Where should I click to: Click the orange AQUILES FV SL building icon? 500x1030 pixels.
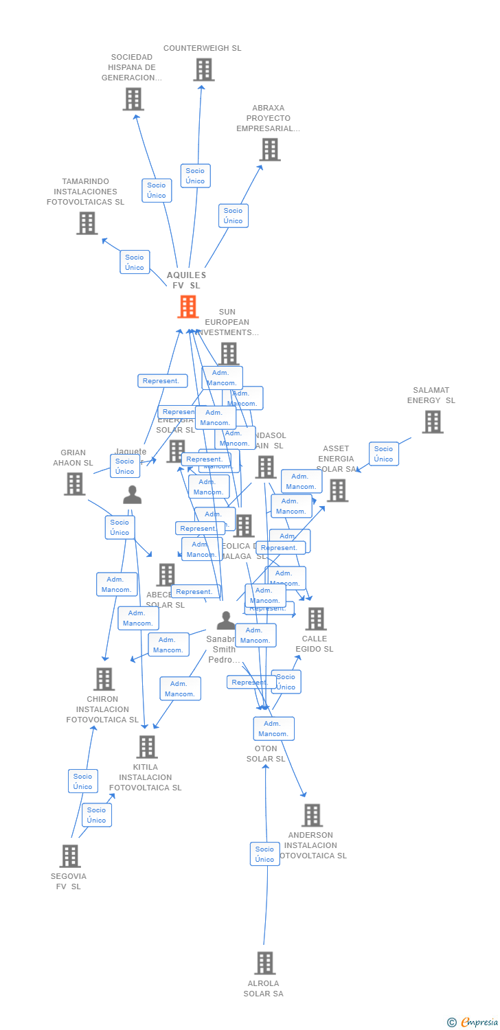pyautogui.click(x=188, y=306)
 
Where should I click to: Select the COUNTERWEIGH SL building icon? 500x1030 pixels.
pyautogui.click(x=203, y=69)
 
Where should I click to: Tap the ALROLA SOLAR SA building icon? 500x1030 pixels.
pyautogui.click(x=264, y=963)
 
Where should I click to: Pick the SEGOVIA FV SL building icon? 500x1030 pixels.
pyautogui.click(x=70, y=856)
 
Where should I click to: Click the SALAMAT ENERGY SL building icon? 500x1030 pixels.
pyautogui.click(x=432, y=422)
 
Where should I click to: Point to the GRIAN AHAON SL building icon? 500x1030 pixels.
pyautogui.click(x=74, y=483)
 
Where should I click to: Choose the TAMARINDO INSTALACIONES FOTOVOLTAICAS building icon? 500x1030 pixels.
pyautogui.click(x=87, y=223)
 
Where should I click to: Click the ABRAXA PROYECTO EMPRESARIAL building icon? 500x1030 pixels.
pyautogui.click(x=269, y=149)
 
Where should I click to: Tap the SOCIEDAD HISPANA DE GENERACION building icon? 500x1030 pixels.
pyautogui.click(x=133, y=99)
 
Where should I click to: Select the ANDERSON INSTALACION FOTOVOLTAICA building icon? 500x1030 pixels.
pyautogui.click(x=312, y=815)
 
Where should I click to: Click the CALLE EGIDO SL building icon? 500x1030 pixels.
pyautogui.click(x=315, y=619)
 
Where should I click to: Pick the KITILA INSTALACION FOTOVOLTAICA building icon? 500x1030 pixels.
pyautogui.click(x=146, y=746)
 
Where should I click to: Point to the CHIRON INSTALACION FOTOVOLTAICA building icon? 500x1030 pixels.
pyautogui.click(x=104, y=678)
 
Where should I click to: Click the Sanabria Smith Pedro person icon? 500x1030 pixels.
pyautogui.click(x=225, y=621)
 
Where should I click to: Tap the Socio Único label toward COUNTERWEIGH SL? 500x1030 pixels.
pyautogui.click(x=195, y=176)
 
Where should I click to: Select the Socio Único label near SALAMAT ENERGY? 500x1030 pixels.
pyautogui.click(x=383, y=454)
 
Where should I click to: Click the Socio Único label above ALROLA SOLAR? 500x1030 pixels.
pyautogui.click(x=264, y=854)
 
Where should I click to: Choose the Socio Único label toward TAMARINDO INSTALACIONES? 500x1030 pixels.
pyautogui.click(x=135, y=262)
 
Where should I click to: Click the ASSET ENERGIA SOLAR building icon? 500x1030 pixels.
pyautogui.click(x=337, y=490)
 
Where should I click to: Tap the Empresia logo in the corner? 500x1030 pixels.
pyautogui.click(x=474, y=1022)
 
